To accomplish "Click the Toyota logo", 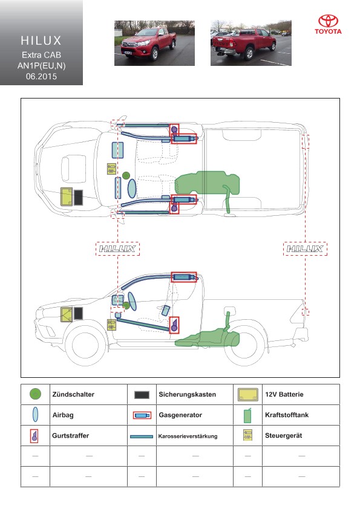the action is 328,24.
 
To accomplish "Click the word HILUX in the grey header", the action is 41,41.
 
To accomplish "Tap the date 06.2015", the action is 41,77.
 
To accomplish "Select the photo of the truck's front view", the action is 154,43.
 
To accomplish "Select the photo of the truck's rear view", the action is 251,43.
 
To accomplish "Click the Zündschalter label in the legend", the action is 73,394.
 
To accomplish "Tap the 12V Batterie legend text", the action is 284,394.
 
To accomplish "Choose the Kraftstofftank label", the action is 287,415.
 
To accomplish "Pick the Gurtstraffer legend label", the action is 71,436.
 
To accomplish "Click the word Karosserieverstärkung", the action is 188,436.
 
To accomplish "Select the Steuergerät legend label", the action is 283,436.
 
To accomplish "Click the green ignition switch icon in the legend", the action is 35,394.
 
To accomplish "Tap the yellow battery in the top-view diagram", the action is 67,197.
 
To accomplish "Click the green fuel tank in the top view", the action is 208,183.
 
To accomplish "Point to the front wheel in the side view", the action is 85,345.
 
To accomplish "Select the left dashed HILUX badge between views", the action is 117,249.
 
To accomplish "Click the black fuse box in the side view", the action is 78,314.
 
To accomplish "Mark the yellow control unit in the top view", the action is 111,169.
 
